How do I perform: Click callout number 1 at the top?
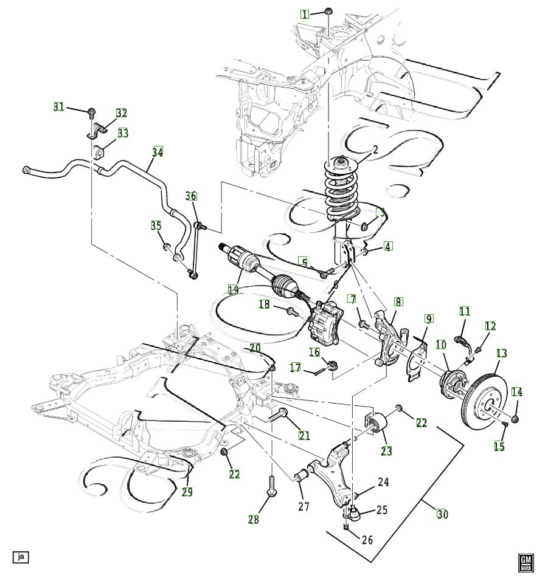[305, 13]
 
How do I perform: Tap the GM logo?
[525, 563]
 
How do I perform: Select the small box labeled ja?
[21, 555]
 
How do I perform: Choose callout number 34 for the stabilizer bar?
[158, 152]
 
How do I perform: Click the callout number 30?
[443, 513]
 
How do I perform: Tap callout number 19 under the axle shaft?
[233, 289]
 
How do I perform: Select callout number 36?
[191, 196]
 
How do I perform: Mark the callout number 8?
[397, 301]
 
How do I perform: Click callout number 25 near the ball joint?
[381, 510]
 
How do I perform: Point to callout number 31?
[59, 107]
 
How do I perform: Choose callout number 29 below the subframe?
[187, 491]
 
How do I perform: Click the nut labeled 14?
[516, 419]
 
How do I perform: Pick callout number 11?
[465, 311]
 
